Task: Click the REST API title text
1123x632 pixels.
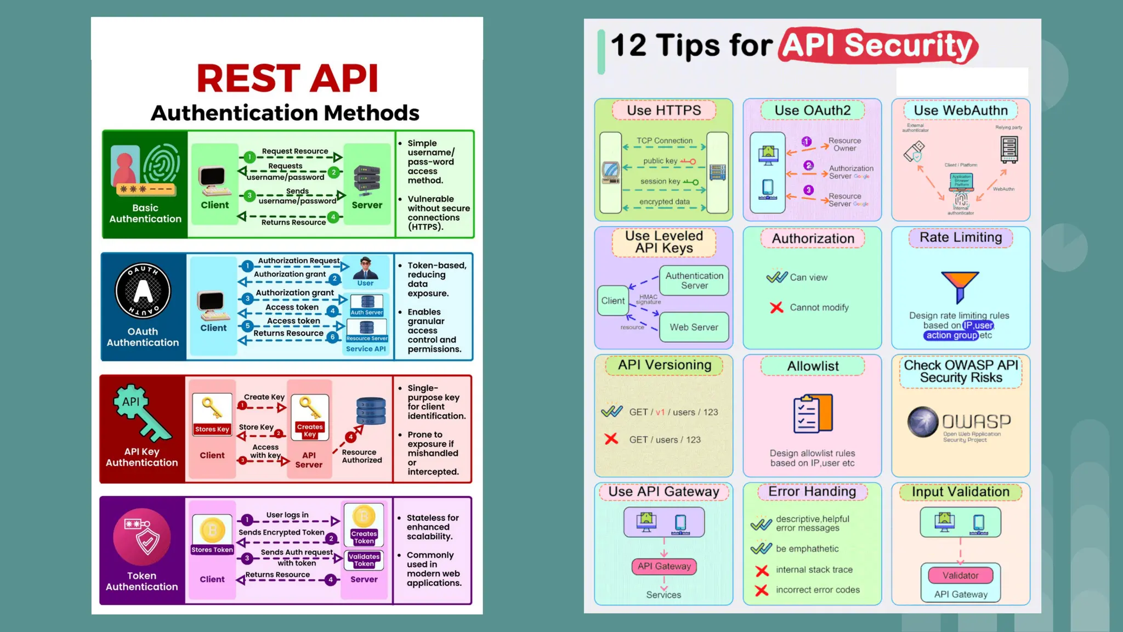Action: (x=287, y=78)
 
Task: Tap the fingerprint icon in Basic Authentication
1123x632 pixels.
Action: (x=161, y=163)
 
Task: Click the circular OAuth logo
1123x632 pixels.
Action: (x=143, y=291)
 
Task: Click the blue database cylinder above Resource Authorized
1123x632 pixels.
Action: (x=371, y=411)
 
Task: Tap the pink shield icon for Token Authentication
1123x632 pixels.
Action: (x=142, y=537)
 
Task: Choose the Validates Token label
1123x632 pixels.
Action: (x=364, y=560)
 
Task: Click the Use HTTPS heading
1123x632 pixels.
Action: (x=663, y=110)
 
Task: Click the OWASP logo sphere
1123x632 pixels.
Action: (x=923, y=422)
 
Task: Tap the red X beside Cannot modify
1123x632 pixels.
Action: (x=776, y=308)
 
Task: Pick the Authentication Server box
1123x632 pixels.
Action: (x=694, y=280)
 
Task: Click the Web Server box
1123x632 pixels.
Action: (x=694, y=328)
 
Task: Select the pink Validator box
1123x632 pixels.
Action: (x=960, y=575)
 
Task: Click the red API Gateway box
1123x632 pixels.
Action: (x=664, y=566)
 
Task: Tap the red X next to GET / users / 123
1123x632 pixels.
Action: (x=611, y=439)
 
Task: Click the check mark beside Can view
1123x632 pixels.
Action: (x=777, y=277)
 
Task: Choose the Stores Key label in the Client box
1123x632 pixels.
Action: (x=212, y=430)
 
